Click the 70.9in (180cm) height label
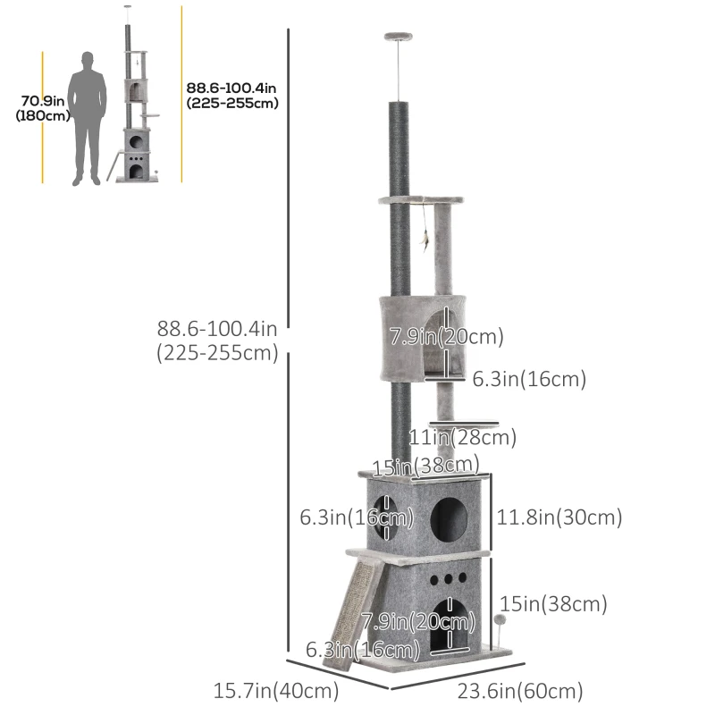[42, 108]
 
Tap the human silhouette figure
[87, 119]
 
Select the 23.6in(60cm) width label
[520, 691]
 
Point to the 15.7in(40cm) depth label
[276, 690]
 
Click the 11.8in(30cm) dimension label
[559, 517]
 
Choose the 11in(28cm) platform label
[462, 437]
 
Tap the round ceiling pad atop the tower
[398, 36]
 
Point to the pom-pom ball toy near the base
[500, 619]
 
